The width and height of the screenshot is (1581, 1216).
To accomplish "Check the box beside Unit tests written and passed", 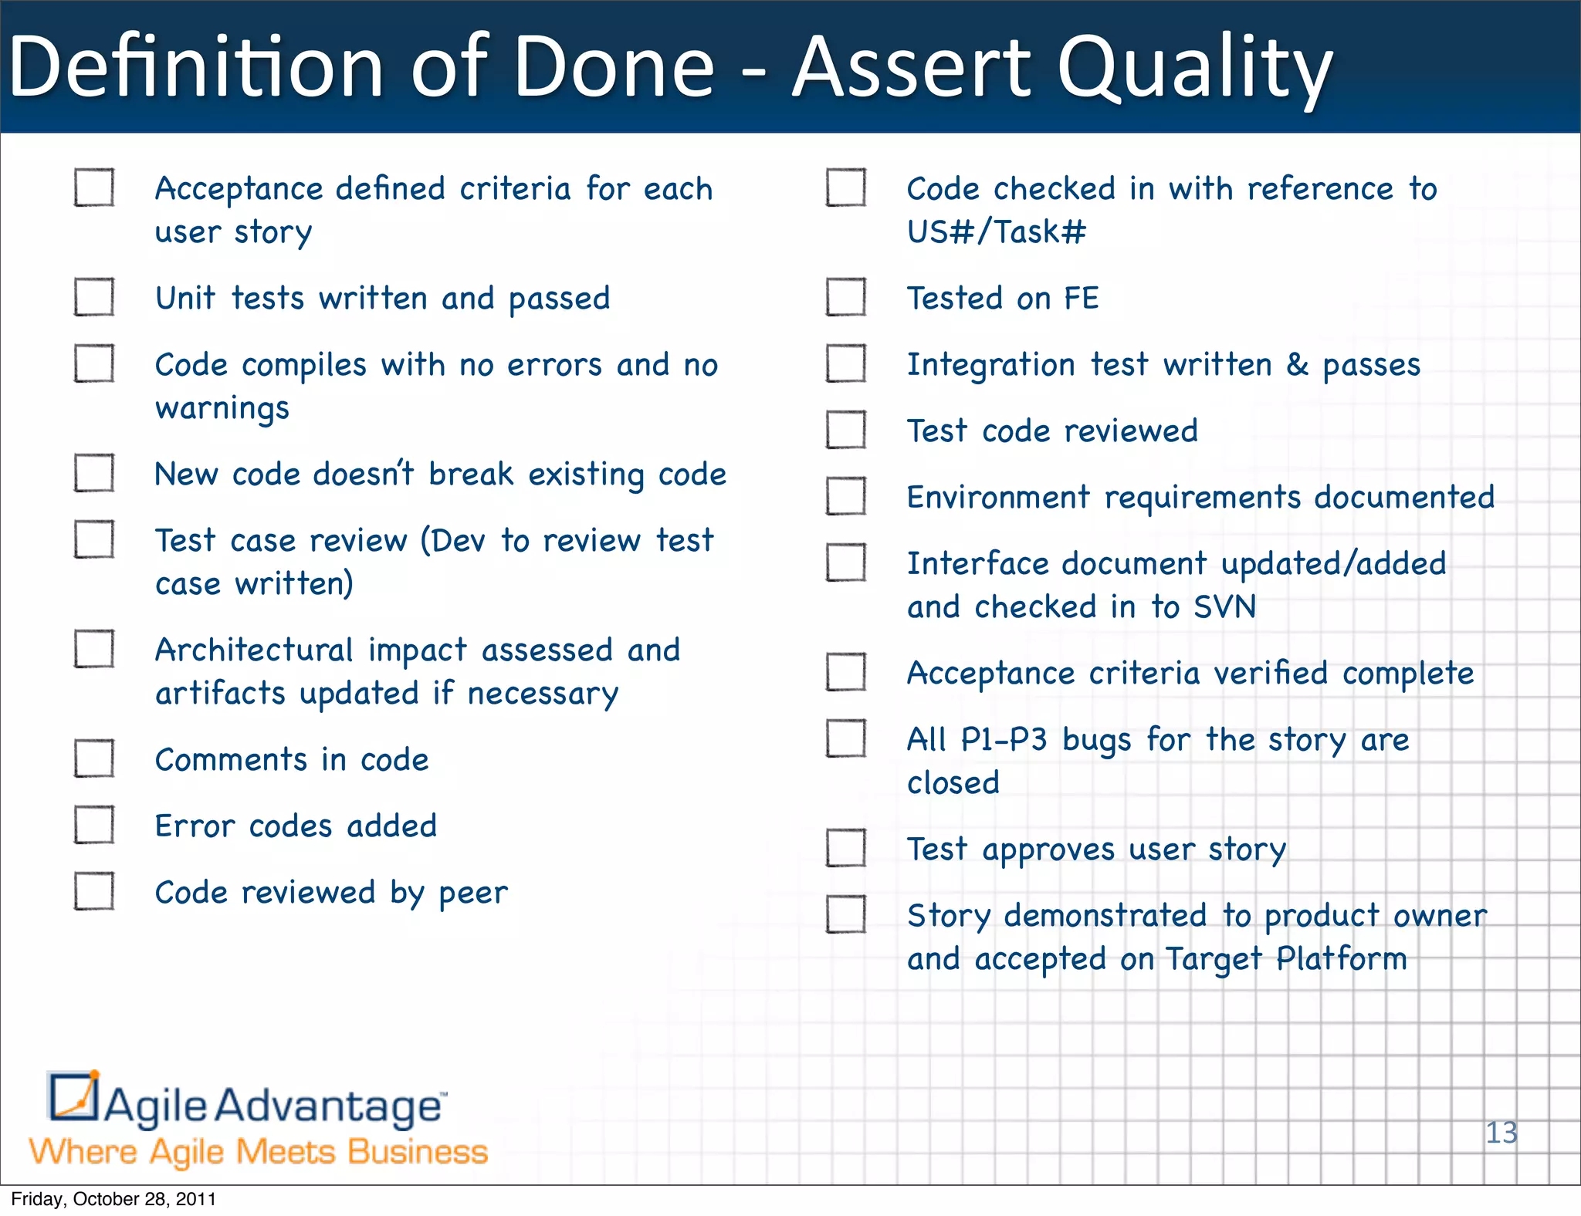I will pos(94,297).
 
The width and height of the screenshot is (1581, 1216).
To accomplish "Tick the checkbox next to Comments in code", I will pos(94,758).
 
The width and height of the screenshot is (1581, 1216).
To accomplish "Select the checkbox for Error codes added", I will pos(94,825).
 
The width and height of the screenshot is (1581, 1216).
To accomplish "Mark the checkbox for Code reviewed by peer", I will pos(94,891).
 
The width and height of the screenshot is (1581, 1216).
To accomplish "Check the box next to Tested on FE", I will pos(846,297).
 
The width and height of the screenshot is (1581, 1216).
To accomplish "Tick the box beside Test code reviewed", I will pos(846,430).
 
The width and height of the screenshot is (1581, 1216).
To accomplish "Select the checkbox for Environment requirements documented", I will pos(846,496).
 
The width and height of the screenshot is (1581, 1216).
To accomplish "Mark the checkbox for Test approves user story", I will pos(846,848).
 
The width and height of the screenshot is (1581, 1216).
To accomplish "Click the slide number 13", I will pos(1501,1133).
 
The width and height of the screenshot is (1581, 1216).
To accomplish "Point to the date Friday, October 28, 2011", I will pos(113,1199).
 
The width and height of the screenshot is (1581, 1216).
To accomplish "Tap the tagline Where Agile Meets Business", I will pos(259,1152).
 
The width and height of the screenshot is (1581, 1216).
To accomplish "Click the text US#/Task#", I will pos(997,231).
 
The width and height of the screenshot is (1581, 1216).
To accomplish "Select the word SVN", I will pos(1225,606).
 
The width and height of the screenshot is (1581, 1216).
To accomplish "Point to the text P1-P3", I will pos(1004,740).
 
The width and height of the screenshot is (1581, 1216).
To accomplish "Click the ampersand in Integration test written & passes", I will pos(1297,365).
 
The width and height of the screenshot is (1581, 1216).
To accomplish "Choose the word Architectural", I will pos(254,650).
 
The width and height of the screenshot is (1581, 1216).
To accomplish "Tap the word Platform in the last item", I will pos(1342,959).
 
